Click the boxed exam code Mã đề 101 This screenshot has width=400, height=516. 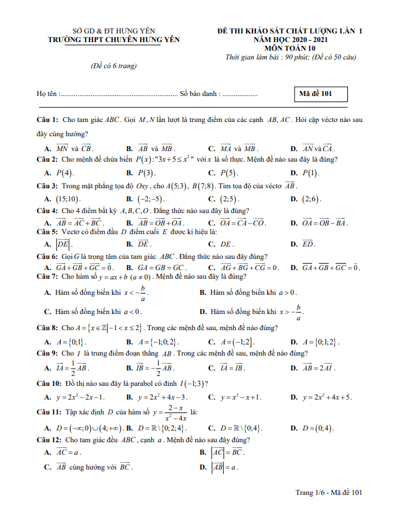[x=319, y=94]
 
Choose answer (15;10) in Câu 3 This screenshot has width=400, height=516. [x=68, y=199]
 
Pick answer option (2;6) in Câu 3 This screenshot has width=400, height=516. [x=311, y=199]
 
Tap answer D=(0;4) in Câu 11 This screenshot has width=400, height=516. [x=318, y=428]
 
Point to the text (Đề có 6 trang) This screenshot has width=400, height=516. [x=113, y=66]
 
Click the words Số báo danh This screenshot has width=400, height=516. [x=199, y=94]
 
